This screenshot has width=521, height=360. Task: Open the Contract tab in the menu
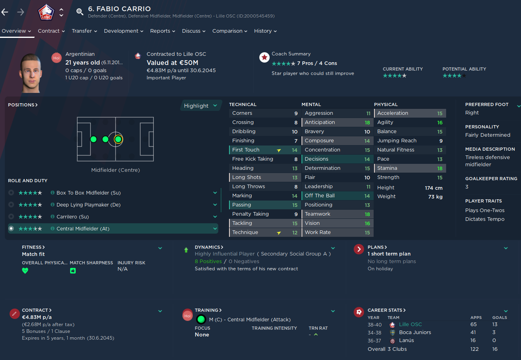(x=51, y=31)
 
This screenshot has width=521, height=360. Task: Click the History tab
(x=265, y=31)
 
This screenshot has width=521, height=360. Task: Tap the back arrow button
(x=5, y=12)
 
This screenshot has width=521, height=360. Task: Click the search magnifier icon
(x=80, y=12)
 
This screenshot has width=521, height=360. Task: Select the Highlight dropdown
(x=201, y=106)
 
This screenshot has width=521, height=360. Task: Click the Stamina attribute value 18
(x=440, y=168)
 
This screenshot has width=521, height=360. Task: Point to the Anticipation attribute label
(x=320, y=122)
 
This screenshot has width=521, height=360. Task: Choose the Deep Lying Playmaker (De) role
(x=88, y=205)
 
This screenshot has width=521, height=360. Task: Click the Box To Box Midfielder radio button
(x=11, y=193)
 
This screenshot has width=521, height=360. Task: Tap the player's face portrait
(x=30, y=73)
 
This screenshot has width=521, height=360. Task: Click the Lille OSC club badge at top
(x=45, y=12)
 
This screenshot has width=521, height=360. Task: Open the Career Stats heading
(x=386, y=310)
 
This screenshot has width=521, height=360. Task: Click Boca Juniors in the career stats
(x=415, y=332)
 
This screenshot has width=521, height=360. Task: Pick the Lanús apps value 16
(x=473, y=340)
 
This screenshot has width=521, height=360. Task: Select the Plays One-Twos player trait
(x=485, y=210)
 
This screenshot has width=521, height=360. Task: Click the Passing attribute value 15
(x=295, y=205)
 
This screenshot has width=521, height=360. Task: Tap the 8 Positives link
(x=208, y=262)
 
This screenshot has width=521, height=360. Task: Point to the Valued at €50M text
(x=172, y=63)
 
